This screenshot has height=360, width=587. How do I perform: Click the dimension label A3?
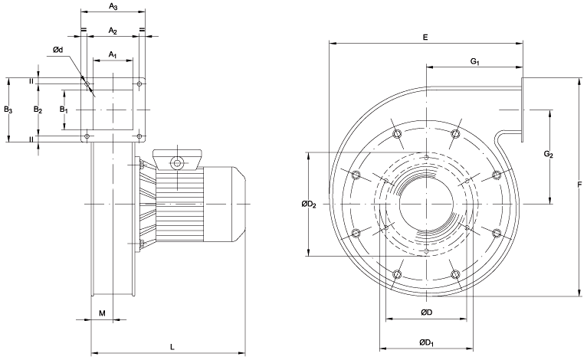(113, 7)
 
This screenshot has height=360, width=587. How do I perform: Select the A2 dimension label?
(113, 31)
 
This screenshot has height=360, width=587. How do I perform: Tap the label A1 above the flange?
(113, 54)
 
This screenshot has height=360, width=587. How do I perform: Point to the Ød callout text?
(58, 50)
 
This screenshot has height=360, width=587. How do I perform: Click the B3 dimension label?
(8, 110)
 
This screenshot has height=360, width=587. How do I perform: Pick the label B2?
(38, 110)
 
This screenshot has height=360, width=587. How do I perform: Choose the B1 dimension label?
(65, 110)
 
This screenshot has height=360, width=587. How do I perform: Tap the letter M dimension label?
(102, 313)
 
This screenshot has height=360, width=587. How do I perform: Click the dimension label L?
(172, 347)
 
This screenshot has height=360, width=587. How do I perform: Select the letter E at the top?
(425, 36)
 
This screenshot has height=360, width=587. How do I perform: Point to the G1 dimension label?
(475, 61)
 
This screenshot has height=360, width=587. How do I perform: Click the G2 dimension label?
(549, 155)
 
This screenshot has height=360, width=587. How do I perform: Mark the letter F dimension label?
(580, 184)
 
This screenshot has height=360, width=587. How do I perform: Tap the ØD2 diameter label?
(307, 205)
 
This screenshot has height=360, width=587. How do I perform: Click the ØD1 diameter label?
(426, 342)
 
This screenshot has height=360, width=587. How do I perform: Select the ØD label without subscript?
(427, 313)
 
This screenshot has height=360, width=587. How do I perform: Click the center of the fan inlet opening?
(426, 205)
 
